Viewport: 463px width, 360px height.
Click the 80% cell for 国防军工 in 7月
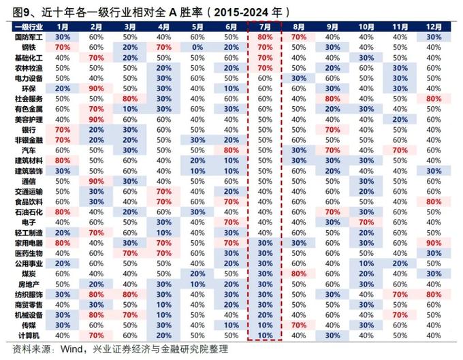coord(266,37)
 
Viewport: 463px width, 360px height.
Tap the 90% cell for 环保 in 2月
coord(96,88)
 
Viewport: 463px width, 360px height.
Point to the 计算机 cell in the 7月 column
coord(266,336)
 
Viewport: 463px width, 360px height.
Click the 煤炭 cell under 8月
coord(299,274)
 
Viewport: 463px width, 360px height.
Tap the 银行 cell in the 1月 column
coord(63,129)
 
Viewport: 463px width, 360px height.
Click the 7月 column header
coord(266,26)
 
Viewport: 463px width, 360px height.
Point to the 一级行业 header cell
coord(28,26)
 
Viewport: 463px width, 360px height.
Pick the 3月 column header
coord(130,26)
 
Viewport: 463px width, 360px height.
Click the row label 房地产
coord(28,284)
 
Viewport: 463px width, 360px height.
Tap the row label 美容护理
coord(28,119)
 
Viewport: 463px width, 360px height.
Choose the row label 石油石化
coord(28,212)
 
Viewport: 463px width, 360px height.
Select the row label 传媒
coord(28,325)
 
